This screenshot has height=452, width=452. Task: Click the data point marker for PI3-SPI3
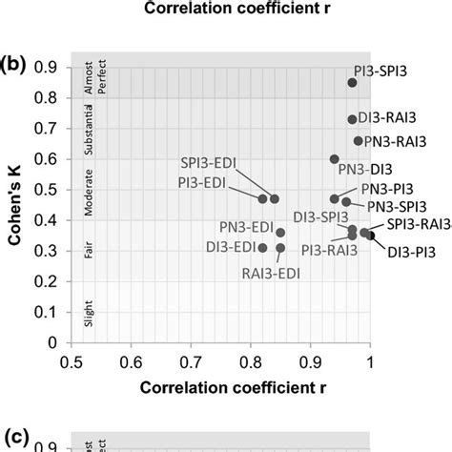click(352, 83)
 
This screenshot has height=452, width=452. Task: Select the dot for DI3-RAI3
click(352, 120)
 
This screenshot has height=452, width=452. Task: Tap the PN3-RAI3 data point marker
click(358, 141)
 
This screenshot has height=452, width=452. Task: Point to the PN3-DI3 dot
click(334, 159)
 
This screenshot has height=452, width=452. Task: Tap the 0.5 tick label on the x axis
click(70, 361)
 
